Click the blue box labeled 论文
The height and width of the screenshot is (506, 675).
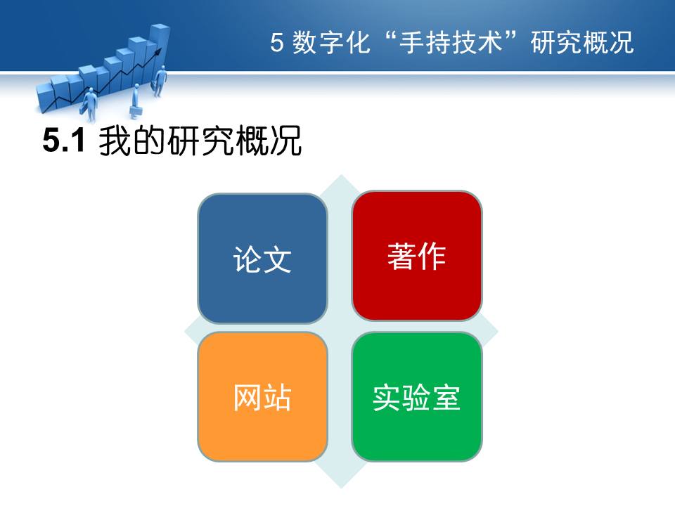(x=262, y=258)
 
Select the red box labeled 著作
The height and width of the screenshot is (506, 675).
(x=417, y=256)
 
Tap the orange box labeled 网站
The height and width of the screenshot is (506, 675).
(x=262, y=396)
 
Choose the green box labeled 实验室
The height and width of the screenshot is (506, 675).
(x=417, y=396)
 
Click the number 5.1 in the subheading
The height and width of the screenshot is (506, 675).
(x=64, y=141)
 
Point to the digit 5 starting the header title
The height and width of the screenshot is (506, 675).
(x=277, y=43)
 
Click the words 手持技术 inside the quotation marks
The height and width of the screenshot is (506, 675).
(x=451, y=43)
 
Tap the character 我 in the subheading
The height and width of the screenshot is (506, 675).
(x=115, y=141)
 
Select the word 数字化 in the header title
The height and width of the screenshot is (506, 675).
(x=331, y=43)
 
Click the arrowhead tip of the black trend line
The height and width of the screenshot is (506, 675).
(x=162, y=48)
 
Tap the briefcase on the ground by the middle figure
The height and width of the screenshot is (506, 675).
(x=136, y=112)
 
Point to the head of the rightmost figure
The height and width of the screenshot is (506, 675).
(x=163, y=68)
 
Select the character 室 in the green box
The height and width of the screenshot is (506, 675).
(x=446, y=397)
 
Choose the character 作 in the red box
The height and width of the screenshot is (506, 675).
(x=432, y=257)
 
